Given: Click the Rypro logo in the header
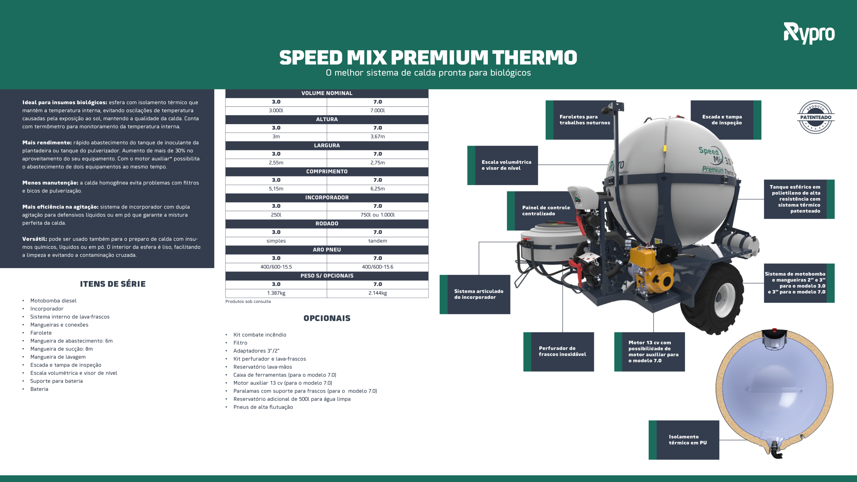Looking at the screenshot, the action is click(809, 33).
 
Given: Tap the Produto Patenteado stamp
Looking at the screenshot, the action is click(815, 117).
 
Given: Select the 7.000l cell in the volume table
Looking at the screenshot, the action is click(378, 111).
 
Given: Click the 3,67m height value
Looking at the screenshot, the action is click(378, 137).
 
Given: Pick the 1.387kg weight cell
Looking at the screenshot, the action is click(276, 293).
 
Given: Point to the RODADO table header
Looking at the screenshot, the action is click(327, 224).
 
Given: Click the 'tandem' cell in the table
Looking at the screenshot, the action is click(378, 241).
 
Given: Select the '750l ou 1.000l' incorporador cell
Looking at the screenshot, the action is click(378, 215).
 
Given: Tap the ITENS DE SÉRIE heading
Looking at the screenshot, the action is click(113, 284).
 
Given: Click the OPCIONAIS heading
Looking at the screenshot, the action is click(327, 318).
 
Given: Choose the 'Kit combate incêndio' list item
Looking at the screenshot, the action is click(260, 335).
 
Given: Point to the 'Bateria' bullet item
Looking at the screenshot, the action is click(39, 389).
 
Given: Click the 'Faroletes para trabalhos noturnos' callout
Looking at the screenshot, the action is click(581, 120).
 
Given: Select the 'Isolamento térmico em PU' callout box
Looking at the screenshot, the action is click(684, 440).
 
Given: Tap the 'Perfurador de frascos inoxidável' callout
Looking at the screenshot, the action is click(559, 351).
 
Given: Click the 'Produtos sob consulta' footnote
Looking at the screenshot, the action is click(248, 302).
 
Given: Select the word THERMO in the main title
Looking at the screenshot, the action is click(535, 57).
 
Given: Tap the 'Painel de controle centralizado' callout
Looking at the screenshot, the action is click(542, 211).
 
